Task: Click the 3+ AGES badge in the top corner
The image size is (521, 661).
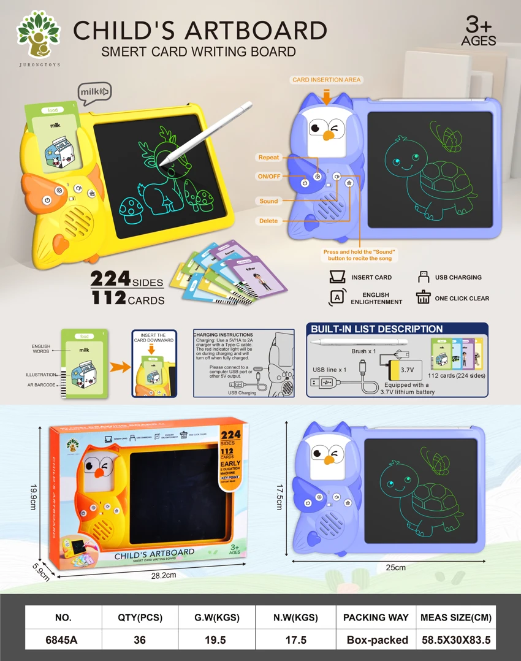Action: tap(479, 31)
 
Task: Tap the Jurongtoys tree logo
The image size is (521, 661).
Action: tap(39, 36)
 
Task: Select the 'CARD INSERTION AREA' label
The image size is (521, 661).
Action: tap(327, 80)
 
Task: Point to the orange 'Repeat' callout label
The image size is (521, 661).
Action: tap(268, 158)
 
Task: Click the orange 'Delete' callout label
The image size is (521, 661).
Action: tap(268, 221)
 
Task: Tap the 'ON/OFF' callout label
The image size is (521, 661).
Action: tap(268, 177)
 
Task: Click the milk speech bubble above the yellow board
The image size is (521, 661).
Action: tap(95, 93)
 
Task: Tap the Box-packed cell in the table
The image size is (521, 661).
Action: tap(377, 640)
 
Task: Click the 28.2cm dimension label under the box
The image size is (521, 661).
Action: tap(164, 575)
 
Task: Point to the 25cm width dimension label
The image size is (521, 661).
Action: tap(396, 567)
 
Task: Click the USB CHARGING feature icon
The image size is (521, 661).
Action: tap(422, 277)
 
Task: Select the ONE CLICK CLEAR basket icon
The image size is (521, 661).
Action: tap(423, 297)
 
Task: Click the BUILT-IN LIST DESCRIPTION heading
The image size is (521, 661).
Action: tap(376, 329)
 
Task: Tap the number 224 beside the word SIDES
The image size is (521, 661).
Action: tap(110, 279)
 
